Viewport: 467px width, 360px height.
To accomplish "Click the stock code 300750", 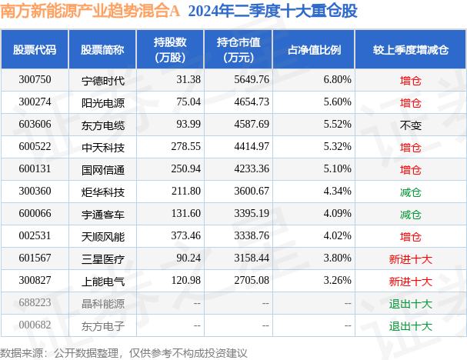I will [x=35, y=79].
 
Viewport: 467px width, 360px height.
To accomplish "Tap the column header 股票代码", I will [x=35, y=49].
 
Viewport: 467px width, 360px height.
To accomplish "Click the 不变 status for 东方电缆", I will [x=410, y=124].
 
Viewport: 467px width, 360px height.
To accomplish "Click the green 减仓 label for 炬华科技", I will [x=410, y=192].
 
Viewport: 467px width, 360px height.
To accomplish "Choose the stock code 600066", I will [x=35, y=214].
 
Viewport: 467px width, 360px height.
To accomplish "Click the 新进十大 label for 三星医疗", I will [x=410, y=258].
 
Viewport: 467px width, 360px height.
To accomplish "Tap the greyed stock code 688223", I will [x=35, y=303].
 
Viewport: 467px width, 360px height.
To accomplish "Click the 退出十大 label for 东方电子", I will [x=410, y=325].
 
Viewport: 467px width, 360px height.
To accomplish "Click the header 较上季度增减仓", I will [x=410, y=49].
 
